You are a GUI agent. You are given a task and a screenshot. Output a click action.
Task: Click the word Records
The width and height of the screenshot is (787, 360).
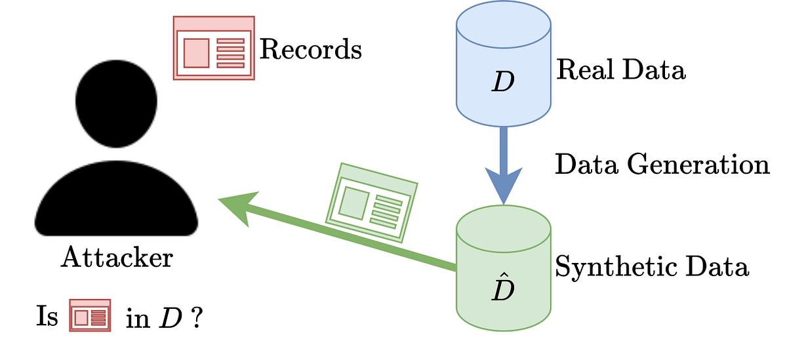point(310,49)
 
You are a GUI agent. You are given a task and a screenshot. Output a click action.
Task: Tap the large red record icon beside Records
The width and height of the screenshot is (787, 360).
point(214,48)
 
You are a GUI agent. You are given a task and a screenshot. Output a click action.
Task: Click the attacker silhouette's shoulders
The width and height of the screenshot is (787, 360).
point(117,203)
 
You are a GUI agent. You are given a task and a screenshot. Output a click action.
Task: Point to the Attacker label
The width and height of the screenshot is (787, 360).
point(117,258)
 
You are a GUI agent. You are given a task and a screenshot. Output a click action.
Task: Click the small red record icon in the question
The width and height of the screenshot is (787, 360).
point(91,316)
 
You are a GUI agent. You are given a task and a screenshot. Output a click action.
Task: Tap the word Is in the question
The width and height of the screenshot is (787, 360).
point(47,317)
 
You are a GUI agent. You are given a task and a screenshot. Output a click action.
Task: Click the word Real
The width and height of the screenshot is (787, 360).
point(583,70)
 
